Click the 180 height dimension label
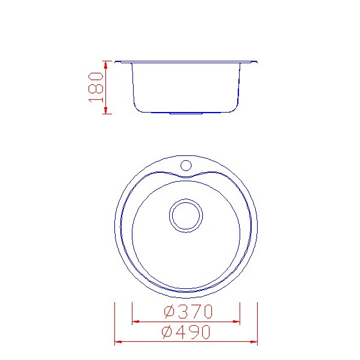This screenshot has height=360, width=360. click(x=96, y=87)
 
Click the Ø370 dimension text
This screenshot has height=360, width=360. click(x=188, y=312)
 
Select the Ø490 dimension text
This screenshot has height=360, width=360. click(x=186, y=332)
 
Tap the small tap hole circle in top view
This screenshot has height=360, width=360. click(x=186, y=166)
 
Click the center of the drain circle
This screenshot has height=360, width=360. click(x=186, y=216)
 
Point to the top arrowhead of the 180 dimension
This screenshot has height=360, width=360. click(x=105, y=65)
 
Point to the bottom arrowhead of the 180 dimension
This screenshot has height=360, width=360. click(x=105, y=110)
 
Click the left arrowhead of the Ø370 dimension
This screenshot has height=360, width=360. click(x=136, y=321)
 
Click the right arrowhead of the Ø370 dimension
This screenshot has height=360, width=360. click(x=236, y=321)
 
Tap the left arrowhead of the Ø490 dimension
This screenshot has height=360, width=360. click(x=118, y=342)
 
